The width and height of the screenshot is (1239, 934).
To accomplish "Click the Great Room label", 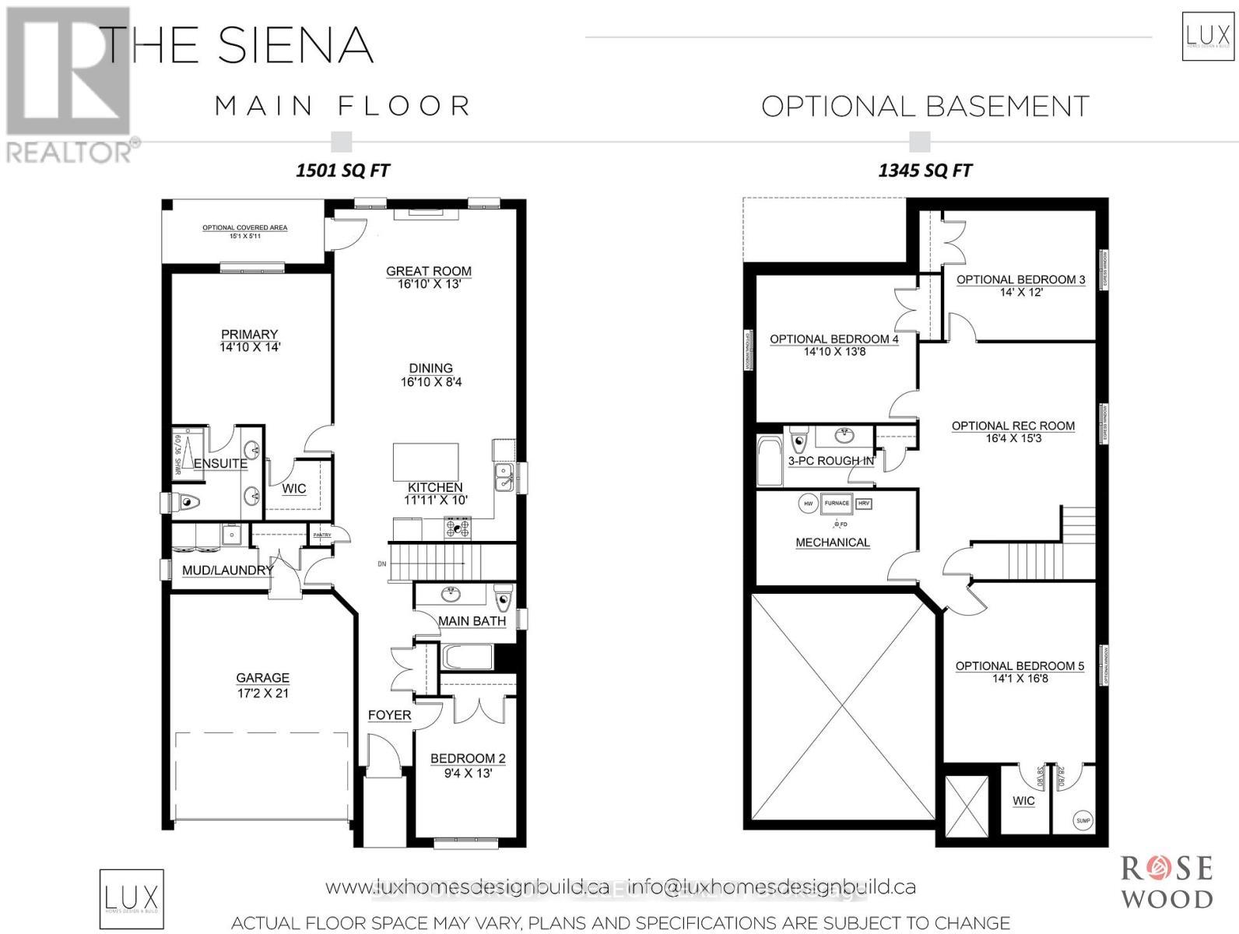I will pos(429,271).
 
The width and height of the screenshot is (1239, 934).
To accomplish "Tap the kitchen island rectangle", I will pos(425,462).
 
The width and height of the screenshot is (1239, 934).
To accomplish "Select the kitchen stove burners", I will pos(458,528).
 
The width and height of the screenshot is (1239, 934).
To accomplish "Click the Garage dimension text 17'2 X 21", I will pos(263,693).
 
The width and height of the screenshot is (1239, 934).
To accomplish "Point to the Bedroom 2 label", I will pos(468,758).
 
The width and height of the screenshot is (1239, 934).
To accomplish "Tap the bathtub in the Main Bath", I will pos(468,657).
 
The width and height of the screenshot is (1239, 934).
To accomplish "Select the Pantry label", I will pos(321,535).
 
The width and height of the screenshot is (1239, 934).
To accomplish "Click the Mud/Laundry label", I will pos(227,570).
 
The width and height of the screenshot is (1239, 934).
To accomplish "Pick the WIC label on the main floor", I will pos(293,489).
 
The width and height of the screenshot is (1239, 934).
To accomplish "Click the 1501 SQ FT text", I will pos(342,170).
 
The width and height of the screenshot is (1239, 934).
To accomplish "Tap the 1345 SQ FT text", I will pos(925,170).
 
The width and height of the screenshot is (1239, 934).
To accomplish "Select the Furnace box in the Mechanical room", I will pos(837,503).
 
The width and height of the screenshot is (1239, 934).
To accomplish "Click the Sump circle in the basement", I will pos(1083,820).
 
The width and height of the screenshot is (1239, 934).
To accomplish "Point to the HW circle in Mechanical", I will pos(806,504).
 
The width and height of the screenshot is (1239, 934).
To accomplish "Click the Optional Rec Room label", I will pos(1013,426).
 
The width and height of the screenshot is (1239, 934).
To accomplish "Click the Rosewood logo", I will pos(1166,882).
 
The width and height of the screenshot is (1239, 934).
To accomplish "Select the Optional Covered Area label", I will pos(244,228).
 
